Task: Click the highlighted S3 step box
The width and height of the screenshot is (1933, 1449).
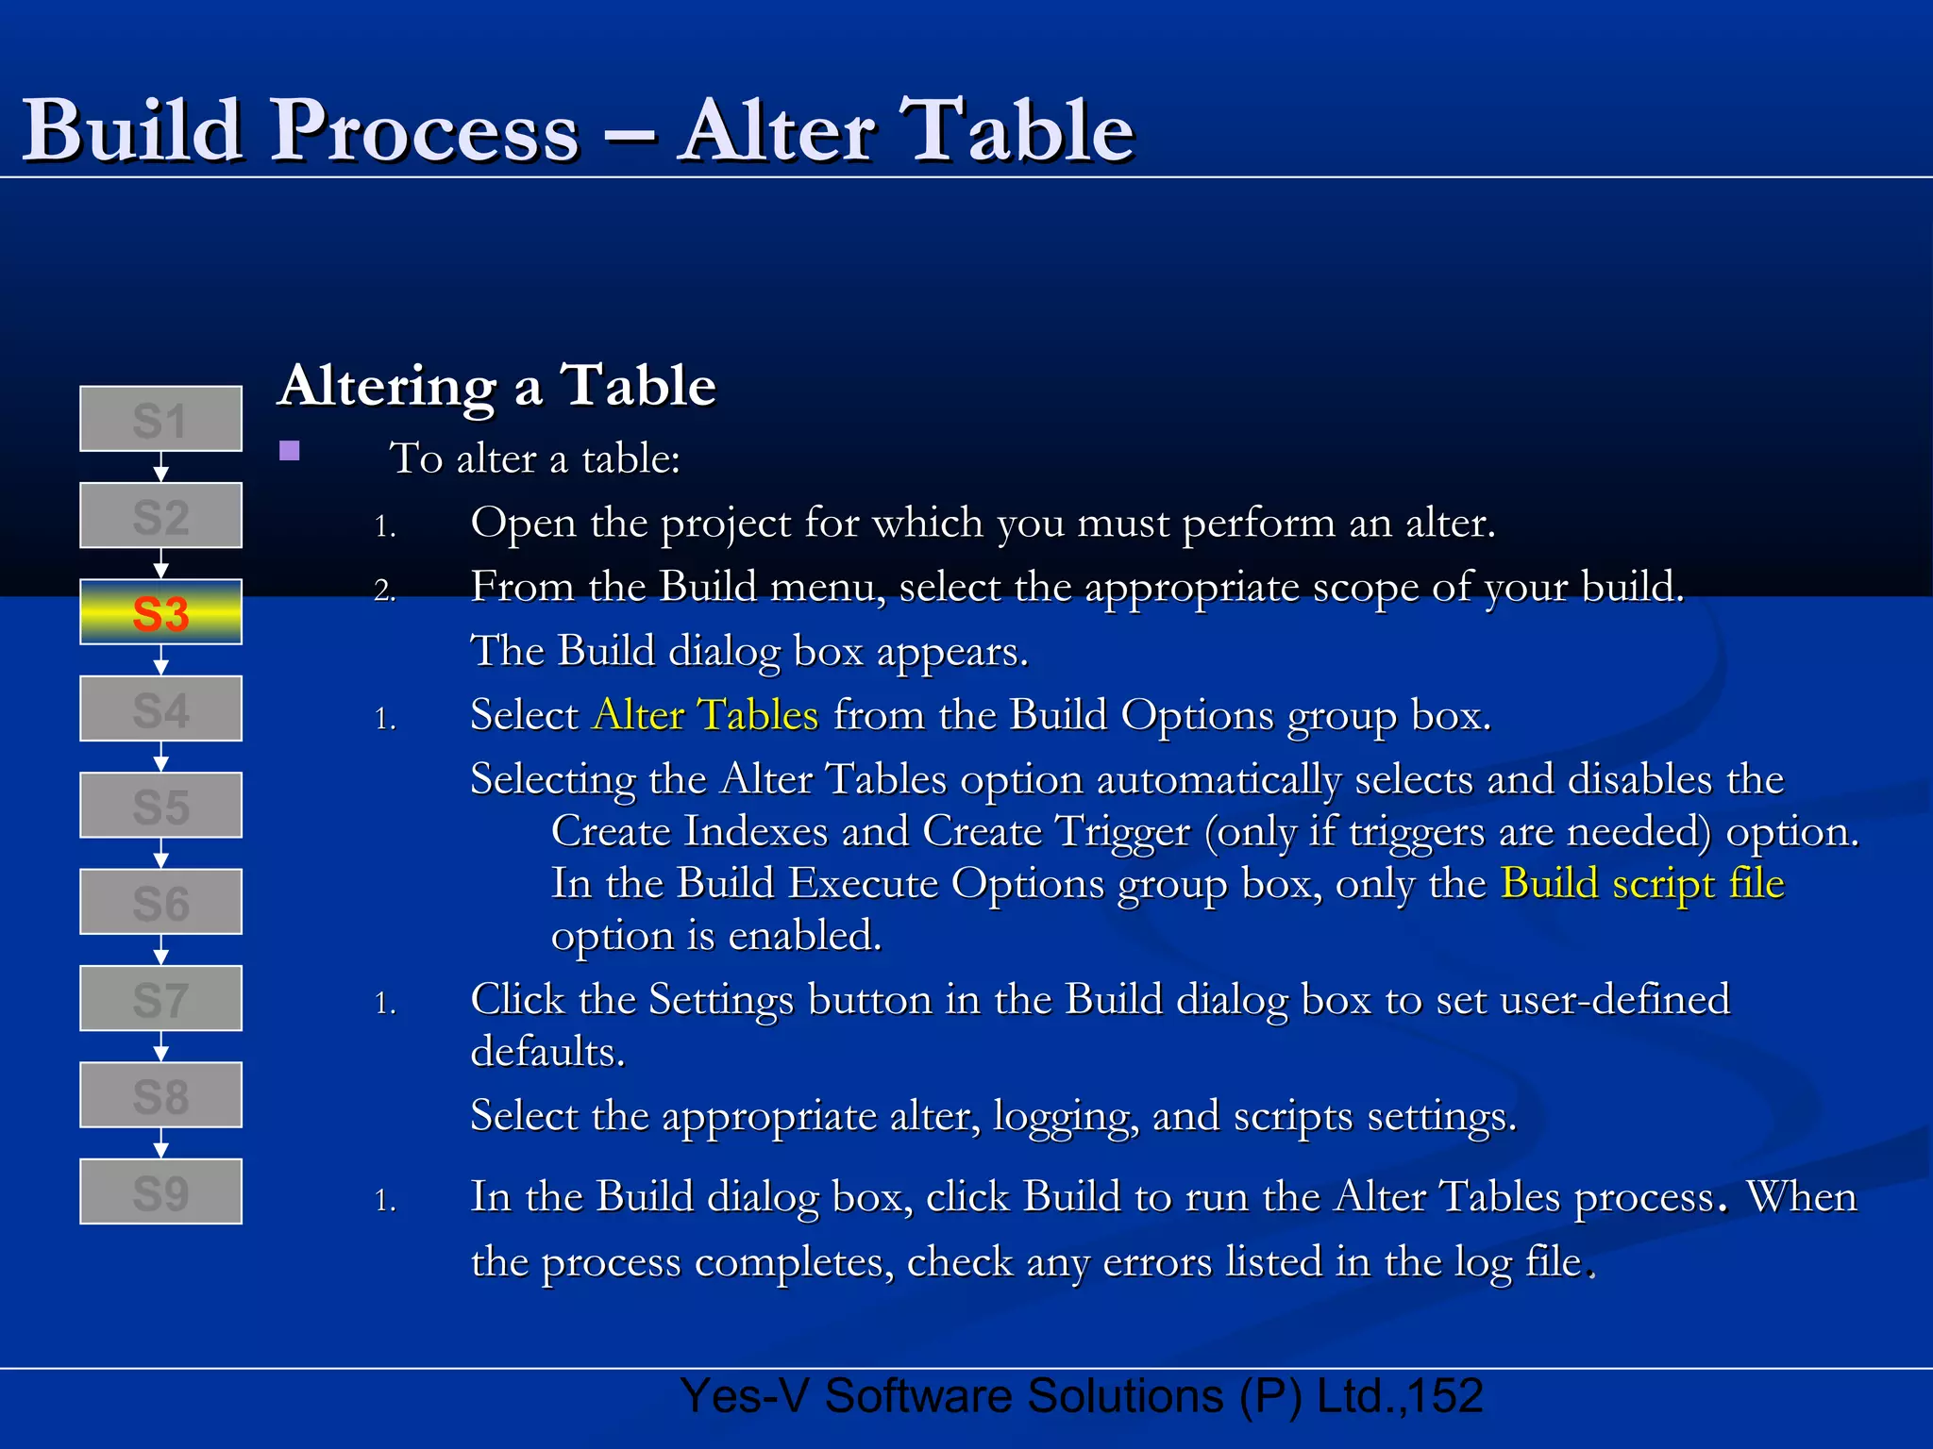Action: click(x=160, y=612)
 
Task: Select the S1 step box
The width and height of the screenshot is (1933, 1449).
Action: click(x=160, y=419)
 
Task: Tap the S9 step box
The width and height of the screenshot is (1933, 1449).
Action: click(x=160, y=1191)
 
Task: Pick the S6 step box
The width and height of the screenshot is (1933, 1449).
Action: click(x=160, y=902)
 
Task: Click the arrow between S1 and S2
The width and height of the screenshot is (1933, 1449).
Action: click(x=160, y=467)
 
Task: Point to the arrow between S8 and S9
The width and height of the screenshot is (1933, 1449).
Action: click(x=160, y=1142)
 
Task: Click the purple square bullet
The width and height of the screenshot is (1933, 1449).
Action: click(x=290, y=451)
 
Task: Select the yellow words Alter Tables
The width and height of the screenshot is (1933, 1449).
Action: click(x=705, y=715)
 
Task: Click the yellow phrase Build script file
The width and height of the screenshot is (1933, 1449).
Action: click(x=1642, y=884)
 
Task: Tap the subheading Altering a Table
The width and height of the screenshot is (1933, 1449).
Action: click(x=497, y=386)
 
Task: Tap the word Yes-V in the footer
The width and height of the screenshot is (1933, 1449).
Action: click(x=745, y=1396)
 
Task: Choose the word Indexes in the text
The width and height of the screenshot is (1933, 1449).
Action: click(x=756, y=832)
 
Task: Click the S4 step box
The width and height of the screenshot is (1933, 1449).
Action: click(x=160, y=708)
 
